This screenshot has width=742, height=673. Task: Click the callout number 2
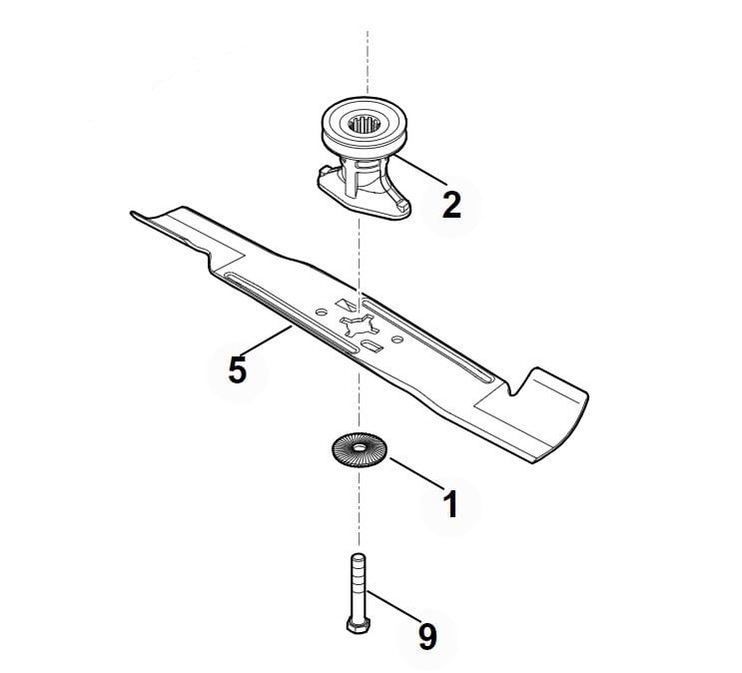(451, 205)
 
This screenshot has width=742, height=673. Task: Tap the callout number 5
(238, 370)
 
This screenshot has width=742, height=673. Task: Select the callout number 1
(451, 504)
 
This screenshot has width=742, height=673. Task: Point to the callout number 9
(427, 637)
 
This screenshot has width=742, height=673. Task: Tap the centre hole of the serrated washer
(361, 447)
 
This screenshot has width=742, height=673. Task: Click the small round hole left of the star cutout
(322, 313)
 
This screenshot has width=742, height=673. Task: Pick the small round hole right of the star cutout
(397, 339)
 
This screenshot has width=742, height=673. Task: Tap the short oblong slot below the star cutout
(371, 344)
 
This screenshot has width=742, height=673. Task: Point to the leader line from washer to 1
(416, 473)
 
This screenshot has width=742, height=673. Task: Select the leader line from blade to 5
(267, 340)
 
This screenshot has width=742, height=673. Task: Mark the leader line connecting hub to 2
(420, 171)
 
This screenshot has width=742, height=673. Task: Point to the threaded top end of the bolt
(358, 559)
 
